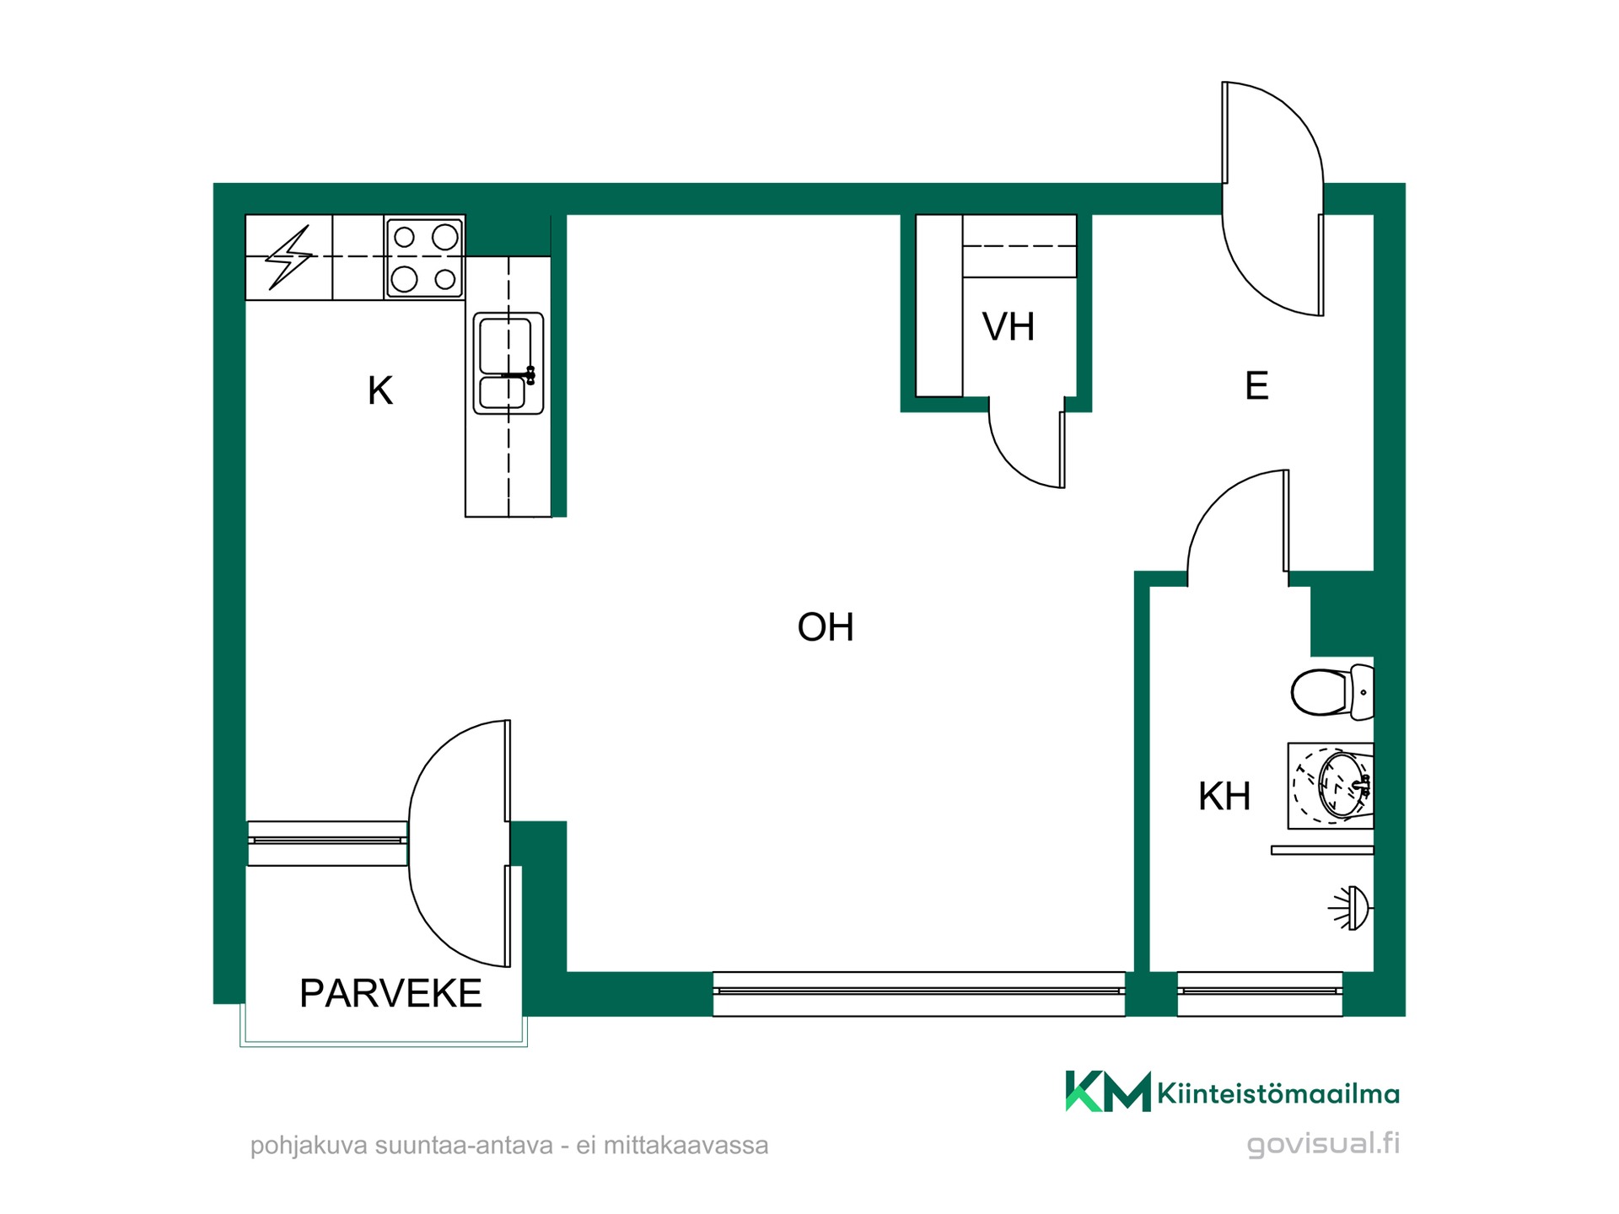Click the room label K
click(379, 391)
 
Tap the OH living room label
click(826, 627)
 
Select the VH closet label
click(1009, 327)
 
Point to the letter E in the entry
click(1256, 386)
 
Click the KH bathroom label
click(1224, 797)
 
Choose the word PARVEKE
click(390, 993)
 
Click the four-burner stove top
click(424, 258)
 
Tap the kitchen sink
click(508, 363)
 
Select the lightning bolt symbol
click(288, 257)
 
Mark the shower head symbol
click(1351, 908)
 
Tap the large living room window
click(919, 994)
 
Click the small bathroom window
click(1260, 994)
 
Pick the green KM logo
click(1108, 1092)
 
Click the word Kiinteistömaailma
click(1278, 1094)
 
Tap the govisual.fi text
click(1323, 1144)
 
